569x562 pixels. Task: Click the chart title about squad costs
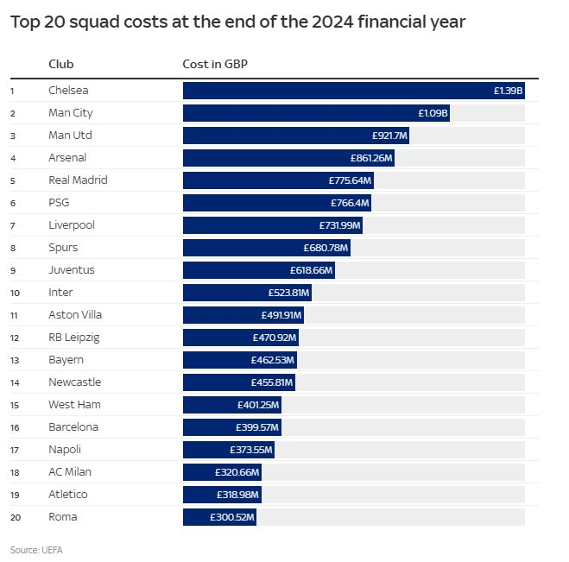coord(237,22)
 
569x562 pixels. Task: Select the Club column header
coord(61,64)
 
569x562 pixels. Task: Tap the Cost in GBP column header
coord(215,64)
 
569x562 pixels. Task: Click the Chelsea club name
coord(68,90)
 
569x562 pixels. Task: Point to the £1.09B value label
coord(432,112)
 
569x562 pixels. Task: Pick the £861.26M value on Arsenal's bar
coord(371,157)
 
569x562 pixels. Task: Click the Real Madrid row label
coord(78,180)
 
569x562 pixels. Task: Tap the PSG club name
coord(59,202)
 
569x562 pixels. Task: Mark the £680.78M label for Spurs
coord(326,247)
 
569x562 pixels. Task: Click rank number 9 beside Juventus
coord(13,269)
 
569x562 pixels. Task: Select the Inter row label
coord(60,292)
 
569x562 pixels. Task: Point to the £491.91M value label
coord(281,314)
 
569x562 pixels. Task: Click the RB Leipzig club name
coord(74,337)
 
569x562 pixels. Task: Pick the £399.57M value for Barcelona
coord(257,426)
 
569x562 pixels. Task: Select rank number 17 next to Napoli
coord(14,449)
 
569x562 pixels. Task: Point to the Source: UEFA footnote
coord(36,549)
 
